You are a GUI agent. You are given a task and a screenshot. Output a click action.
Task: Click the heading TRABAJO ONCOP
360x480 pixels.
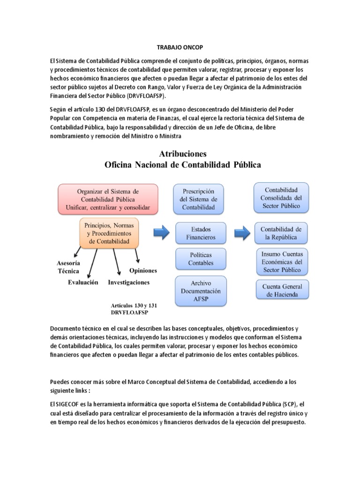click(x=180, y=48)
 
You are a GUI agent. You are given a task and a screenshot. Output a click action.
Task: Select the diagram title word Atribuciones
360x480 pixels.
click(x=183, y=154)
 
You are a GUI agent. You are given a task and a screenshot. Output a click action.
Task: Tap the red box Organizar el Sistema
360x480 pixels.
click(x=108, y=199)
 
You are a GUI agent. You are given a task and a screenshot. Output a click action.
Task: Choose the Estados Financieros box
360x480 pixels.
click(x=201, y=233)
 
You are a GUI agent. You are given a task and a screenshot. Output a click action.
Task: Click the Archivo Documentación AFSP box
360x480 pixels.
click(x=200, y=291)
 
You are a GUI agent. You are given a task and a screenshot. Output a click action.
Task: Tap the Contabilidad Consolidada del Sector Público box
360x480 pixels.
click(x=281, y=197)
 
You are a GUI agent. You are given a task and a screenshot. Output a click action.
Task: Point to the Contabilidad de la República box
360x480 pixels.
click(x=281, y=233)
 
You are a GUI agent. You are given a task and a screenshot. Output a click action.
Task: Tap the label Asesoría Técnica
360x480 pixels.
click(x=68, y=267)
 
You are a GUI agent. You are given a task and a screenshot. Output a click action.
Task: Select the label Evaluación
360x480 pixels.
click(x=83, y=282)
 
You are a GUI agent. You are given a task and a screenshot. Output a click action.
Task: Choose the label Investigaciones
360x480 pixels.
click(x=128, y=282)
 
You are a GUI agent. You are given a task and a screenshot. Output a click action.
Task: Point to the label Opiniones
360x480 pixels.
click(x=143, y=270)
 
